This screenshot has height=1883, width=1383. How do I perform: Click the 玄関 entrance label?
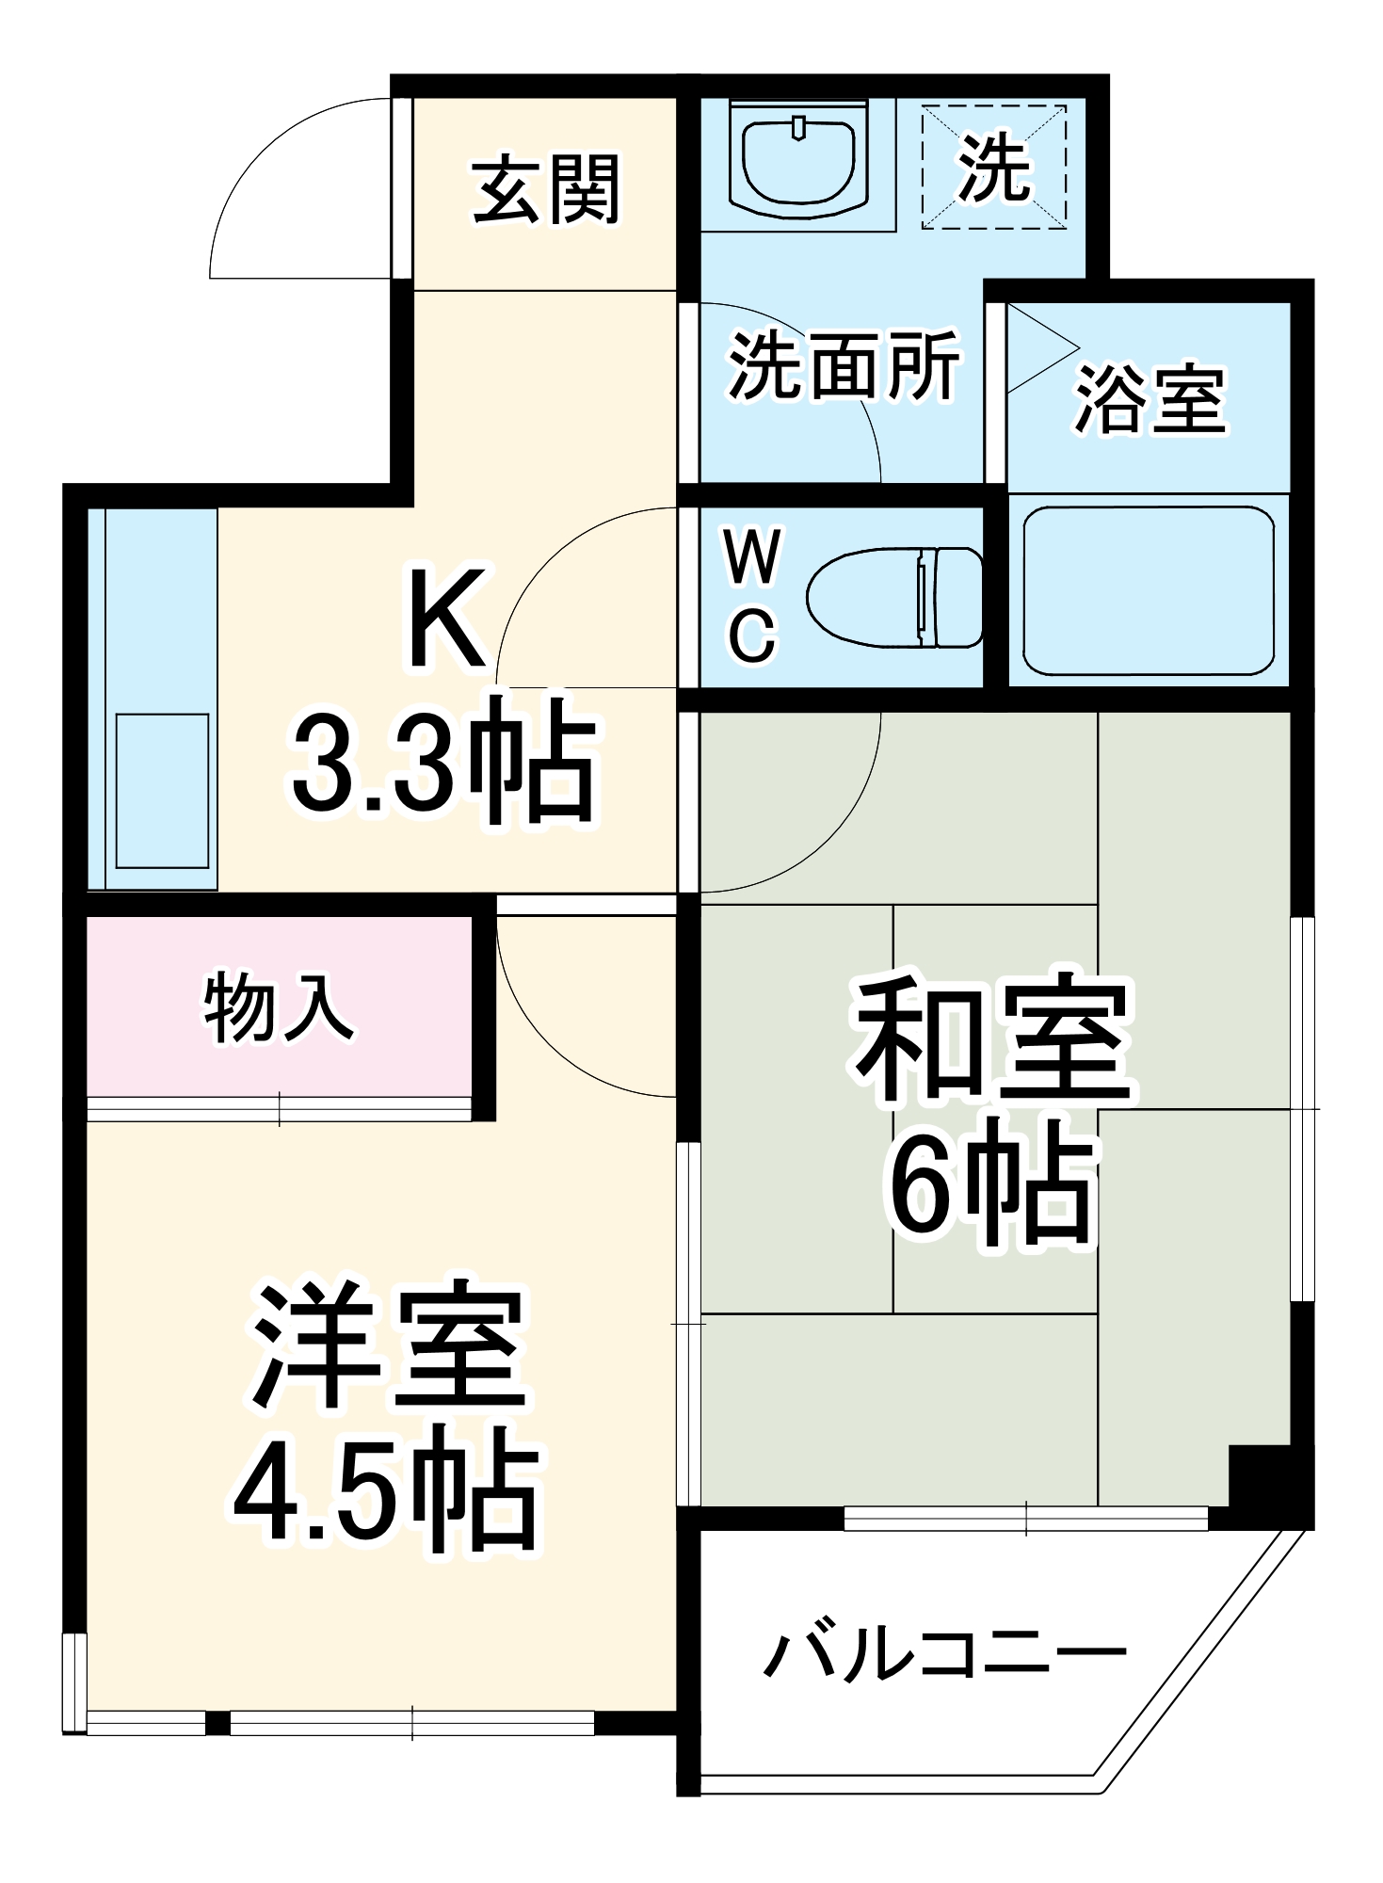click(545, 189)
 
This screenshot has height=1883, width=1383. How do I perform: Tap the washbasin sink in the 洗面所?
click(798, 160)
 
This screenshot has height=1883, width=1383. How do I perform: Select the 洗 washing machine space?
click(994, 168)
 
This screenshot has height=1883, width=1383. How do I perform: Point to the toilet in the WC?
click(894, 597)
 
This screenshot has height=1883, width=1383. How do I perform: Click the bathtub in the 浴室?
click(1148, 590)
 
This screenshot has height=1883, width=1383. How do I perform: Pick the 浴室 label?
click(1150, 399)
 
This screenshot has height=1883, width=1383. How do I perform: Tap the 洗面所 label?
click(844, 364)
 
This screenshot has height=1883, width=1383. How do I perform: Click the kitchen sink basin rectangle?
click(162, 791)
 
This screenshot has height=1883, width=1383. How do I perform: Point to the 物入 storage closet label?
click(279, 1009)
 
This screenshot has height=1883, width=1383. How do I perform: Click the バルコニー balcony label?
click(943, 1653)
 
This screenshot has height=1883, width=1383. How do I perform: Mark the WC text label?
click(752, 596)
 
